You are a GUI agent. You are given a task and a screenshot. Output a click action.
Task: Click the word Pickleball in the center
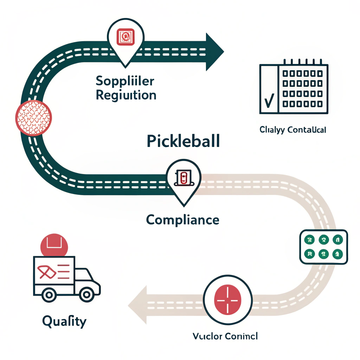(183, 141)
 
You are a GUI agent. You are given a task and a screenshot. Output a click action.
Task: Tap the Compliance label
(182, 220)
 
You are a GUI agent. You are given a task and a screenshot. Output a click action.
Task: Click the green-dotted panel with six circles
(323, 246)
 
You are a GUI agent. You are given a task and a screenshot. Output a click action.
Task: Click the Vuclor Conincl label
(225, 336)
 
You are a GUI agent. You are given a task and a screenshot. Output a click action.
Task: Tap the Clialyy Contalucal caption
(292, 130)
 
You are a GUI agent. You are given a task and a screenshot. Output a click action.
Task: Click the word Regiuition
(126, 95)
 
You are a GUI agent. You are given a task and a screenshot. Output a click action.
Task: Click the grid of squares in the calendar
(303, 89)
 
